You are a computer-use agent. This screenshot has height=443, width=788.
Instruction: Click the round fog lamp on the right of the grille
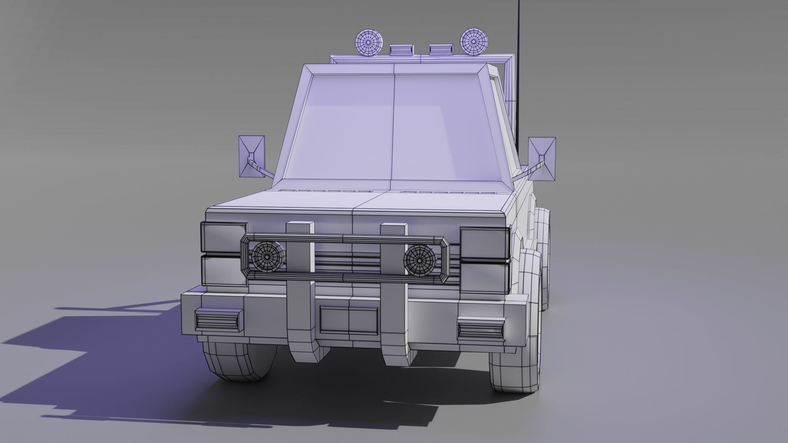tap(420, 259)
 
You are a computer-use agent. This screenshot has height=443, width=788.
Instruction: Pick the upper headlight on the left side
tap(224, 237)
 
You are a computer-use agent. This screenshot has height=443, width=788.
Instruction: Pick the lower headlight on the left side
tap(222, 270)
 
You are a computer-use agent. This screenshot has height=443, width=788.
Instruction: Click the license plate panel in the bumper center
tap(349, 320)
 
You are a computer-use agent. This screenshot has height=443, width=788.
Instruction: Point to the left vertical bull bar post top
tap(300, 228)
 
